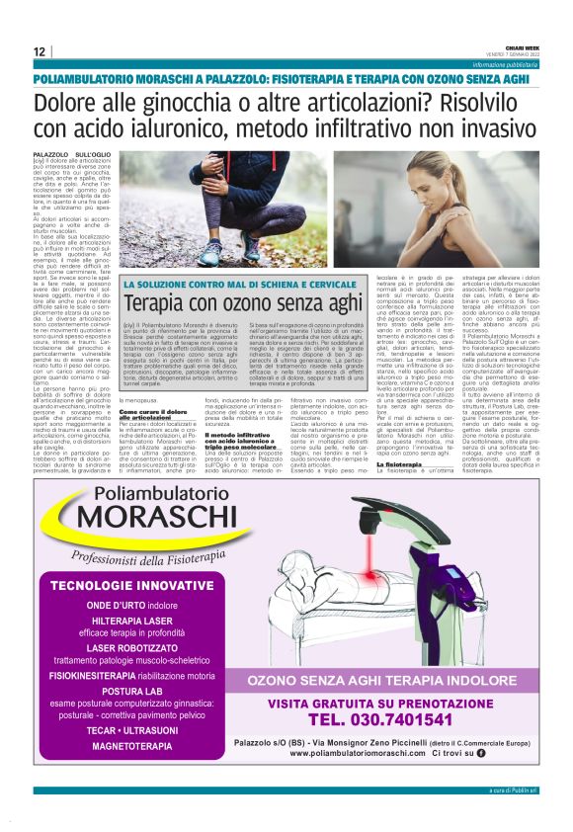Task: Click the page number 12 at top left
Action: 41,51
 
